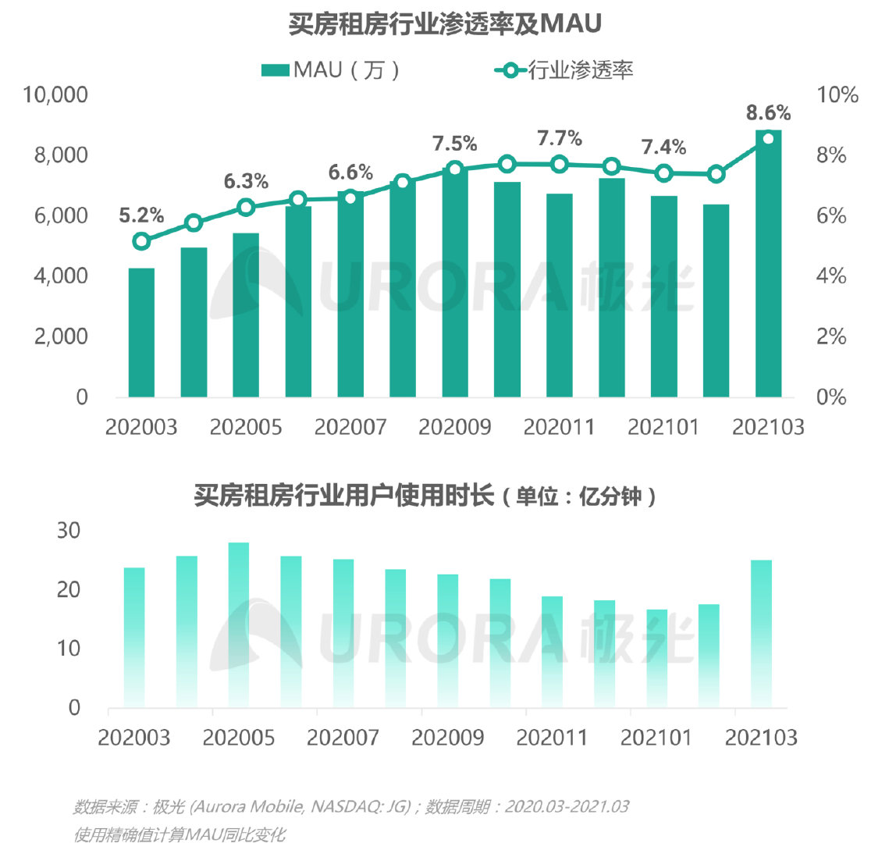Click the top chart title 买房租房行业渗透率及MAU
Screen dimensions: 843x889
click(x=445, y=23)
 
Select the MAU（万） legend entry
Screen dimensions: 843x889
click(x=331, y=69)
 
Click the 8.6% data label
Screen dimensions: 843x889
click(x=768, y=112)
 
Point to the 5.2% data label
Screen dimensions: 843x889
click(x=141, y=215)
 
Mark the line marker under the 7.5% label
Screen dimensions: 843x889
click(x=455, y=169)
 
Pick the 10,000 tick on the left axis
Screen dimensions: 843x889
click(x=55, y=95)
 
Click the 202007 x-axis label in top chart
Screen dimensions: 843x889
click(x=350, y=427)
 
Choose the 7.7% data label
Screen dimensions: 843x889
click(x=560, y=138)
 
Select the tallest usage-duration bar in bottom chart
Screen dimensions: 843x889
click(x=239, y=624)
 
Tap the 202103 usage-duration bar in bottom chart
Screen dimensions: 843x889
click(x=761, y=634)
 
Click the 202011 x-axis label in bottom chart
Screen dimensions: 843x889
click(x=553, y=738)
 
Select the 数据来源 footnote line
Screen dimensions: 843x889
click(x=351, y=806)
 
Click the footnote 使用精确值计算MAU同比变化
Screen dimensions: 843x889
click(x=180, y=834)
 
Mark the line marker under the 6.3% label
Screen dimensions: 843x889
click(x=246, y=207)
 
